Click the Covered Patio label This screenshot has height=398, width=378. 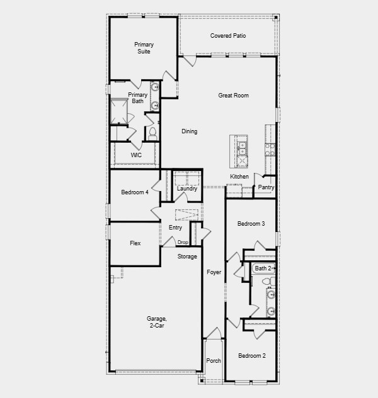pyautogui.click(x=227, y=36)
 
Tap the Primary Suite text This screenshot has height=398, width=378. pyautogui.click(x=144, y=48)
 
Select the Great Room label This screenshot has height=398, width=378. pyautogui.click(x=233, y=96)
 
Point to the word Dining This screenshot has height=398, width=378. pyautogui.click(x=189, y=131)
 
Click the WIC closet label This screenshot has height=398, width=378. pyautogui.click(x=136, y=155)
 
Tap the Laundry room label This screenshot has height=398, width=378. pyautogui.click(x=187, y=189)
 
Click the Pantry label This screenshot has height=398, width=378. pyautogui.click(x=266, y=187)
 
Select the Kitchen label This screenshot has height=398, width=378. pyautogui.click(x=239, y=177)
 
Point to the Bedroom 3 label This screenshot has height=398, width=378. pyautogui.click(x=251, y=224)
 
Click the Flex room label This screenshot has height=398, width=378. pyautogui.click(x=135, y=243)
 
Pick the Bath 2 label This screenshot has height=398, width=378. pyautogui.click(x=263, y=268)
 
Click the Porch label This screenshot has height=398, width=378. pyautogui.click(x=214, y=361)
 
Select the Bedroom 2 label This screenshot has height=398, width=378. pyautogui.click(x=251, y=356)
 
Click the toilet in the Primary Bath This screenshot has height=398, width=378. pyautogui.click(x=152, y=133)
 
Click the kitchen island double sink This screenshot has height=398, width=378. pyautogui.click(x=242, y=148)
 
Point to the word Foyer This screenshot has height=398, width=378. pyautogui.click(x=214, y=272)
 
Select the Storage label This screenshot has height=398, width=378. pyautogui.click(x=187, y=257)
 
